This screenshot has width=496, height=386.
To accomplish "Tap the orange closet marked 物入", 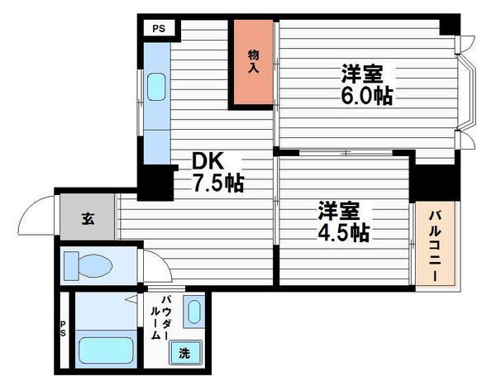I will pyautogui.click(x=253, y=62).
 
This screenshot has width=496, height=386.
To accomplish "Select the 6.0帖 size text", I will pyautogui.click(x=365, y=94).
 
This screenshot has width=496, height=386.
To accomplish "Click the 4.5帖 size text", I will pyautogui.click(x=341, y=232).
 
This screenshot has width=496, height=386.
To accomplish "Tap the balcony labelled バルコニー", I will pyautogui.click(x=433, y=245).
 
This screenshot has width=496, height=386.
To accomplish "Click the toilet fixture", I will pyautogui.click(x=89, y=265).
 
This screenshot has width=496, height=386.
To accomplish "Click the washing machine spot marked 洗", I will pyautogui.click(x=184, y=352).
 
